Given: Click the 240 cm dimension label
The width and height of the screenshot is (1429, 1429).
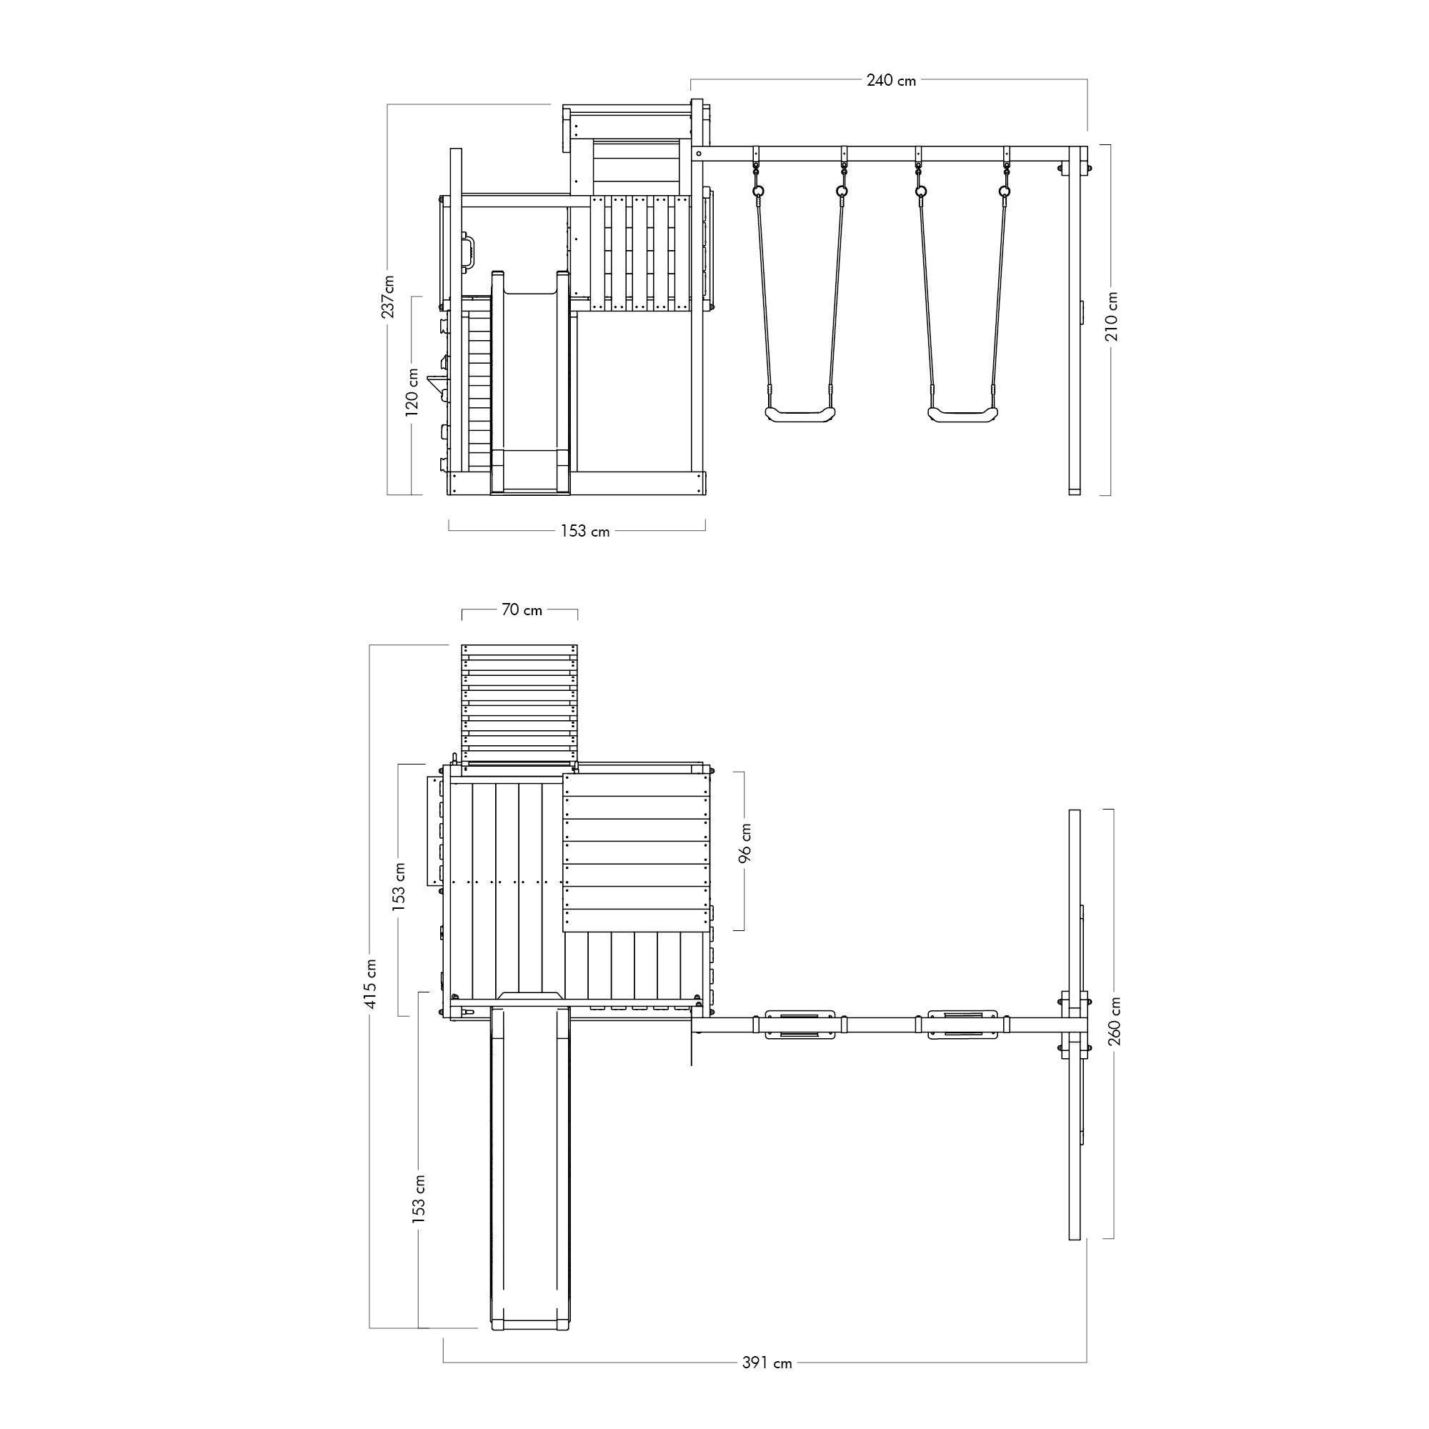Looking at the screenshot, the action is pyautogui.click(x=890, y=80).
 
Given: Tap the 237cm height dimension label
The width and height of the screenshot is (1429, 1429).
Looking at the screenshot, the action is pyautogui.click(x=387, y=296).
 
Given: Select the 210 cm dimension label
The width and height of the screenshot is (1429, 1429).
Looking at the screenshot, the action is pyautogui.click(x=1112, y=317).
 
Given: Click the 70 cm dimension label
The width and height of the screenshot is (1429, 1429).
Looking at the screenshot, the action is pyautogui.click(x=522, y=609).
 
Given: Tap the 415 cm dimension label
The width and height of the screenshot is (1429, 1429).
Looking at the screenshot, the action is pyautogui.click(x=371, y=983).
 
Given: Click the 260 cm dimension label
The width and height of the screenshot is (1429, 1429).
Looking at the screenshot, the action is pyautogui.click(x=1115, y=1021).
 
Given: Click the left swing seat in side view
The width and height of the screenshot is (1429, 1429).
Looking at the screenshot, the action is pyautogui.click(x=800, y=414).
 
